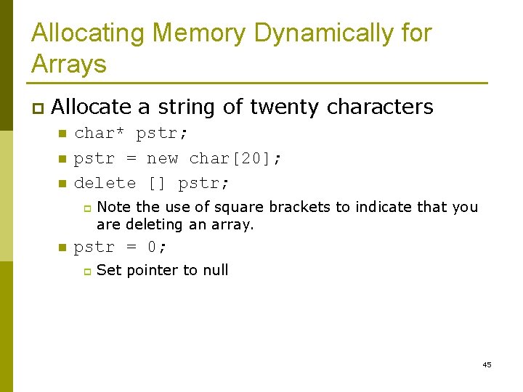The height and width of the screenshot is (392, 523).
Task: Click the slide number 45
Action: [x=487, y=364]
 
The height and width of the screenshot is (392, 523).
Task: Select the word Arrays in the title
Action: [x=69, y=64]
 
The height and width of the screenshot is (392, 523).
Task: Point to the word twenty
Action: [x=285, y=107]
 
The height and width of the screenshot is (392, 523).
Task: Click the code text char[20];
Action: [x=235, y=158]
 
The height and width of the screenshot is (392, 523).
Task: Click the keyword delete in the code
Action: [x=105, y=184]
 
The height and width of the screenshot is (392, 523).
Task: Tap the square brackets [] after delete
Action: [x=157, y=184]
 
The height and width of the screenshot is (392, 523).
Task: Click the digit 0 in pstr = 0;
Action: [x=152, y=248]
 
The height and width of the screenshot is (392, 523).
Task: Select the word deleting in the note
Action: [x=155, y=224]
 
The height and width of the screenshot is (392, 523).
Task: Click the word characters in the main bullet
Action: [x=380, y=107]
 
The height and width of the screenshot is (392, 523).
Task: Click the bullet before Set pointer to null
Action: [x=85, y=271]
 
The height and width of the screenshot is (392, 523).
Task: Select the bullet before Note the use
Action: [x=85, y=208]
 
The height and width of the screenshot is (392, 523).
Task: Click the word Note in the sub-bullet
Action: [x=113, y=207]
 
